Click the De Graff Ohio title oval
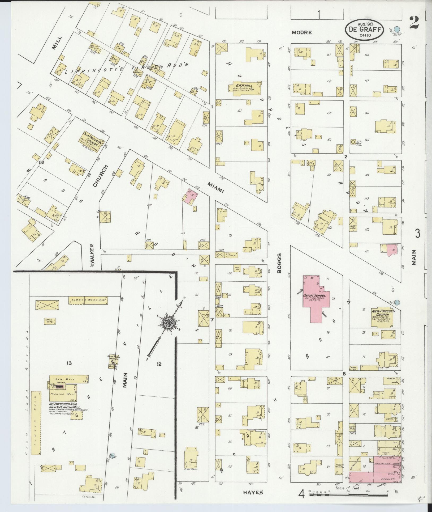(x=364, y=29)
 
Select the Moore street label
(x=301, y=33)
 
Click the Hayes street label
(x=253, y=492)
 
